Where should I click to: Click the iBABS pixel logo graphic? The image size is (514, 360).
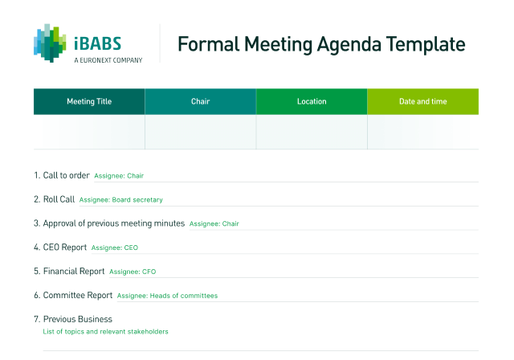[50, 43]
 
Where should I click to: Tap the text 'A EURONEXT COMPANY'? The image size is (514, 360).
[108, 60]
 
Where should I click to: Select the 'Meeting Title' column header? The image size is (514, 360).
[89, 101]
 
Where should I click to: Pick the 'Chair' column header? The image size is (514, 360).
[200, 101]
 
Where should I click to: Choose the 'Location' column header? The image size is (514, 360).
[312, 101]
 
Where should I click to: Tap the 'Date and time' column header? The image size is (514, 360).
[423, 101]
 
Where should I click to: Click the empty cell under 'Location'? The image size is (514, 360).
[312, 132]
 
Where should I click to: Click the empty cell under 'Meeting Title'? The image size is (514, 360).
[89, 132]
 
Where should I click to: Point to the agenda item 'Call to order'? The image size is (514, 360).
[66, 175]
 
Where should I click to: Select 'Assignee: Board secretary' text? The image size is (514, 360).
[121, 199]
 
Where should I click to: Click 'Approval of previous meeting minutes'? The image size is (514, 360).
[114, 223]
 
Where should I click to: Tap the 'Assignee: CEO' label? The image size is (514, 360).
[115, 247]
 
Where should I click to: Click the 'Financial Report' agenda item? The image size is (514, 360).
[74, 272]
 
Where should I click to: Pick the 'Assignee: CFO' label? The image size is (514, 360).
[133, 272]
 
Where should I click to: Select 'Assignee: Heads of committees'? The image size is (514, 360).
[167, 296]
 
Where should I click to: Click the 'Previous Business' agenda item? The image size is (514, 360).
[78, 319]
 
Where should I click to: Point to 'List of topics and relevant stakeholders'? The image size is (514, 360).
[105, 332]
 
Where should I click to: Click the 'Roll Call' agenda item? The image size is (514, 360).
[59, 199]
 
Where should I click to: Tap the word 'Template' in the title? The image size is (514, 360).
[426, 45]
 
